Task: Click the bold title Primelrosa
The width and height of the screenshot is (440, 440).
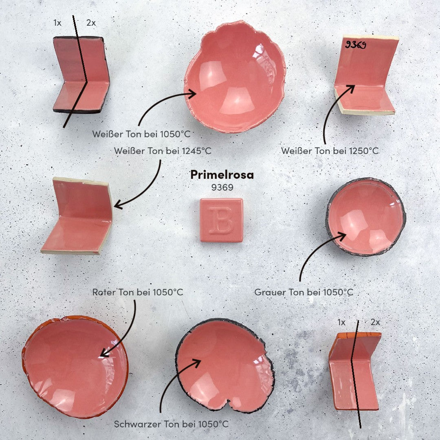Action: click(x=222, y=175)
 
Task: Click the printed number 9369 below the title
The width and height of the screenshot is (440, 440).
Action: click(x=222, y=187)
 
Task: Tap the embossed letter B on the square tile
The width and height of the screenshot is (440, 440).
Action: click(x=221, y=220)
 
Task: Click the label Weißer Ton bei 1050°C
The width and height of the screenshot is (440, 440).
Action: click(x=141, y=134)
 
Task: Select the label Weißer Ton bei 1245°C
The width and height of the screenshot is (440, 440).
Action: click(x=163, y=151)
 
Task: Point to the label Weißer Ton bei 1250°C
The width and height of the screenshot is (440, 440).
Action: click(x=330, y=151)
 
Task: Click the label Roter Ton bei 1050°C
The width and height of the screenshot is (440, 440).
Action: click(x=138, y=292)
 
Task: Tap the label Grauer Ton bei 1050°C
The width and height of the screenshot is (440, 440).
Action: click(x=304, y=292)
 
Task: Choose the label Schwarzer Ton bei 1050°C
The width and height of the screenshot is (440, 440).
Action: click(x=171, y=424)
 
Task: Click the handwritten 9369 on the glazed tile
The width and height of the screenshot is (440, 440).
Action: click(x=356, y=45)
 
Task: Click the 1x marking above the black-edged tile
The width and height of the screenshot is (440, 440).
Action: click(x=57, y=23)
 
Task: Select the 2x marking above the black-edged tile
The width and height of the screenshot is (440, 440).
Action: click(x=91, y=23)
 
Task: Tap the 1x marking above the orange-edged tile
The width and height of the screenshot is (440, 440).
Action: click(x=341, y=322)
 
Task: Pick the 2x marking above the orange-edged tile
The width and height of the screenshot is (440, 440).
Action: click(x=375, y=322)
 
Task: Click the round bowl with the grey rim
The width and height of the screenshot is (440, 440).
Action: click(x=365, y=217)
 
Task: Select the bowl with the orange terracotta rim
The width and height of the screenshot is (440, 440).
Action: click(x=75, y=367)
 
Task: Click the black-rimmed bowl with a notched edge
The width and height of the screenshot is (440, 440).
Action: click(x=224, y=365)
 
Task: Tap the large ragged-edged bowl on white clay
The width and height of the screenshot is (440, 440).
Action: click(x=235, y=76)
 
